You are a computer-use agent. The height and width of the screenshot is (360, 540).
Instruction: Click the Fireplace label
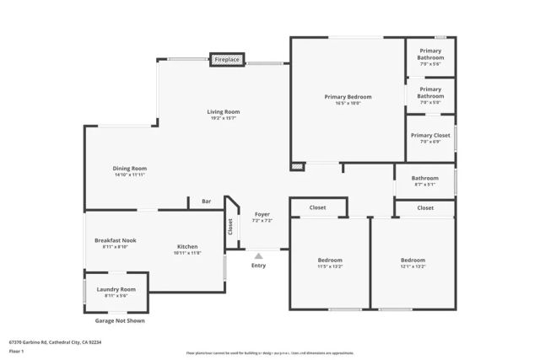pyautogui.click(x=227, y=60)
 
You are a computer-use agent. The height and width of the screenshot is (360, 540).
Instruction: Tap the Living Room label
pyautogui.click(x=224, y=112)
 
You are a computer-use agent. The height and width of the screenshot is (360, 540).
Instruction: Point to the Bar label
pyautogui.click(x=206, y=201)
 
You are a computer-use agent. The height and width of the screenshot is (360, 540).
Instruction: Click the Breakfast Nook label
pyautogui.click(x=115, y=240)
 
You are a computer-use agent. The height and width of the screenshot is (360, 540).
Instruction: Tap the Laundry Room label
pyautogui.click(x=116, y=289)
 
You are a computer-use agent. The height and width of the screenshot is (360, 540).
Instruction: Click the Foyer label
pyautogui.click(x=262, y=215)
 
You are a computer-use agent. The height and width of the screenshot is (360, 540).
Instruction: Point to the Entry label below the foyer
pyautogui.click(x=258, y=266)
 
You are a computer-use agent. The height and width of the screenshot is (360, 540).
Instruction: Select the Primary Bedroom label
pyautogui.click(x=348, y=97)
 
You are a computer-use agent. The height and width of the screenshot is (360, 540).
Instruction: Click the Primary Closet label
pyautogui.click(x=430, y=136)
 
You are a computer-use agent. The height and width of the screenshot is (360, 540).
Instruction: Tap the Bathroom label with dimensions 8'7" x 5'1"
pyautogui.click(x=424, y=178)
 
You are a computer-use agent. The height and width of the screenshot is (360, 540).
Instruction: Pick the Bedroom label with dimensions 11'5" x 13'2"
pyautogui.click(x=329, y=260)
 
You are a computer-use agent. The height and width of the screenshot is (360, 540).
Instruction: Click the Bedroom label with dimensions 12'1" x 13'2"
pyautogui.click(x=413, y=260)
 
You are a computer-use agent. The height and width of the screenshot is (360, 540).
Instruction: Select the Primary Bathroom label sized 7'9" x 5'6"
pyautogui.click(x=430, y=54)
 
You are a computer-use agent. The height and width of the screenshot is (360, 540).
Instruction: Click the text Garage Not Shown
pyautogui.click(x=119, y=321)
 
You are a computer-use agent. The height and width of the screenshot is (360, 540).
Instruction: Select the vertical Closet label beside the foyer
pyautogui.click(x=229, y=227)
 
